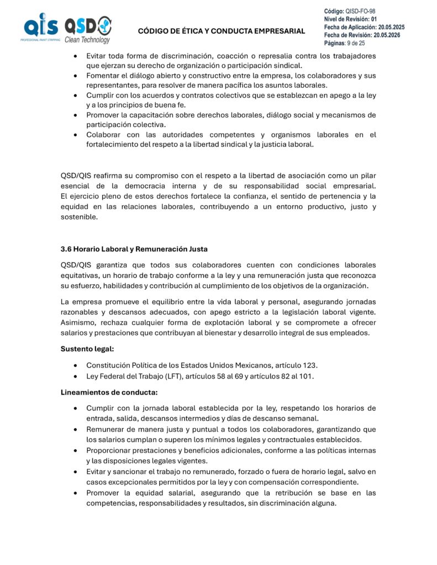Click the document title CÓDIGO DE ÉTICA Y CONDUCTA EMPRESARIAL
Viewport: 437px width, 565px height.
[221, 31]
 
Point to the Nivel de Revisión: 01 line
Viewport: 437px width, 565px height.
[350, 19]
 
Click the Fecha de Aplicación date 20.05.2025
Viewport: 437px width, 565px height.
[391, 26]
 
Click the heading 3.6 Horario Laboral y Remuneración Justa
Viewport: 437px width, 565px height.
[134, 249]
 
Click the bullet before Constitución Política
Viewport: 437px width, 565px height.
[75, 366]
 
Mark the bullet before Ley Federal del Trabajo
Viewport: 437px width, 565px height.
[75, 376]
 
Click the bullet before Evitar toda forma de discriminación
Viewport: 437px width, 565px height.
[75, 56]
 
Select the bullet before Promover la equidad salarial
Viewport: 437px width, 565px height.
[75, 493]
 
